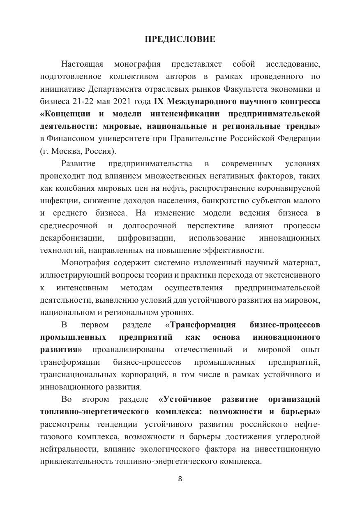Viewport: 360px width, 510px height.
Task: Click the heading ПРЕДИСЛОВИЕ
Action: click(x=180, y=39)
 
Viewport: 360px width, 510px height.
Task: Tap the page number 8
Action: click(x=180, y=479)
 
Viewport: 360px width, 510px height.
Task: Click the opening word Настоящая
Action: click(x=82, y=64)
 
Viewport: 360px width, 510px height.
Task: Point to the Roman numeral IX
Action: click(x=159, y=101)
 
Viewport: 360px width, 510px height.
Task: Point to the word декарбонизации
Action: click(x=72, y=238)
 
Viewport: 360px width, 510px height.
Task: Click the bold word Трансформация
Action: click(x=203, y=325)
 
